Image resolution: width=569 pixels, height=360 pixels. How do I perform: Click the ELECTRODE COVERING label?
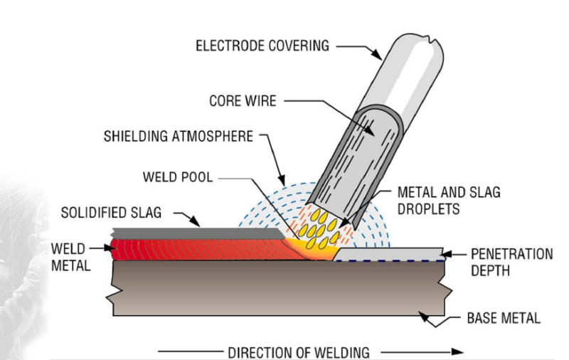[x=262, y=46]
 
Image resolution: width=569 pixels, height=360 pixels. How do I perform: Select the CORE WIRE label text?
[x=242, y=101]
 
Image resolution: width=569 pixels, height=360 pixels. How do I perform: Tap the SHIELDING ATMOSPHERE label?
[x=178, y=135]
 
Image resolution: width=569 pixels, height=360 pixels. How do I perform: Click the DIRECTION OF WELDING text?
[x=299, y=352]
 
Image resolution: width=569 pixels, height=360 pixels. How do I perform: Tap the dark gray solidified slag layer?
[x=192, y=233]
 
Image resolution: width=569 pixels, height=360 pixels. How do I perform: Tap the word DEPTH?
[x=490, y=270]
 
